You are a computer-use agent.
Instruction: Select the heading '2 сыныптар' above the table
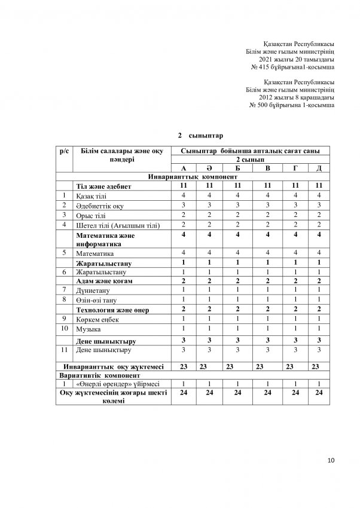point(199,136)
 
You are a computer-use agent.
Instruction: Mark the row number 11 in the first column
point(63,349)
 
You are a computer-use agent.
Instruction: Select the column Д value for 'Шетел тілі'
point(319,224)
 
